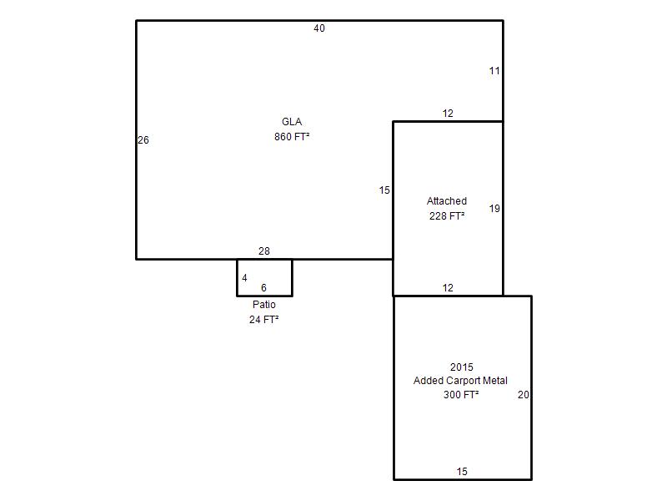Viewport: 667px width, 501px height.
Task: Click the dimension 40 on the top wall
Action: point(319,28)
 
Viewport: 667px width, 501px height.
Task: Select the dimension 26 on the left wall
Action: point(143,140)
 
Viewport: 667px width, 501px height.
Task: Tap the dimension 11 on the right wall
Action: point(494,71)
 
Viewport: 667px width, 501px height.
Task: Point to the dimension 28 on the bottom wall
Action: point(264,251)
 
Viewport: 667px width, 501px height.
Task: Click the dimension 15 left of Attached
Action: point(384,190)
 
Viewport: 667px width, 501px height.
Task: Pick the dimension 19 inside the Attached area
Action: point(494,209)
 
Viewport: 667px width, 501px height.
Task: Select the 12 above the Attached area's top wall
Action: point(448,114)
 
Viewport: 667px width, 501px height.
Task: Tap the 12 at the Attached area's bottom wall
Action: point(448,288)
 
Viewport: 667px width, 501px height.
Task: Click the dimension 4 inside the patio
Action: point(244,278)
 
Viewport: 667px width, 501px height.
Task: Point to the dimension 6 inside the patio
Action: point(263,288)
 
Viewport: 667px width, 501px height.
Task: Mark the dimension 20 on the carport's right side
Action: point(524,395)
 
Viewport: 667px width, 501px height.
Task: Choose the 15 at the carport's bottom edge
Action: point(462,472)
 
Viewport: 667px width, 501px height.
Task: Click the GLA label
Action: point(292,122)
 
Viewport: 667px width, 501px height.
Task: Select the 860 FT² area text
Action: point(292,137)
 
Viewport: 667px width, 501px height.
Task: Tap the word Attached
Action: point(447,201)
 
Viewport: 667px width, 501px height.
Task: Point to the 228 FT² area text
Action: point(447,216)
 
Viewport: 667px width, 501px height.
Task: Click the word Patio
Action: point(264,305)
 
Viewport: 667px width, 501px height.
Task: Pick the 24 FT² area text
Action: point(264,320)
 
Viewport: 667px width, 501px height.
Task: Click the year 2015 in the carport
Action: point(462,367)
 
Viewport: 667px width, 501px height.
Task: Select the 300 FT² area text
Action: point(461,395)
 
